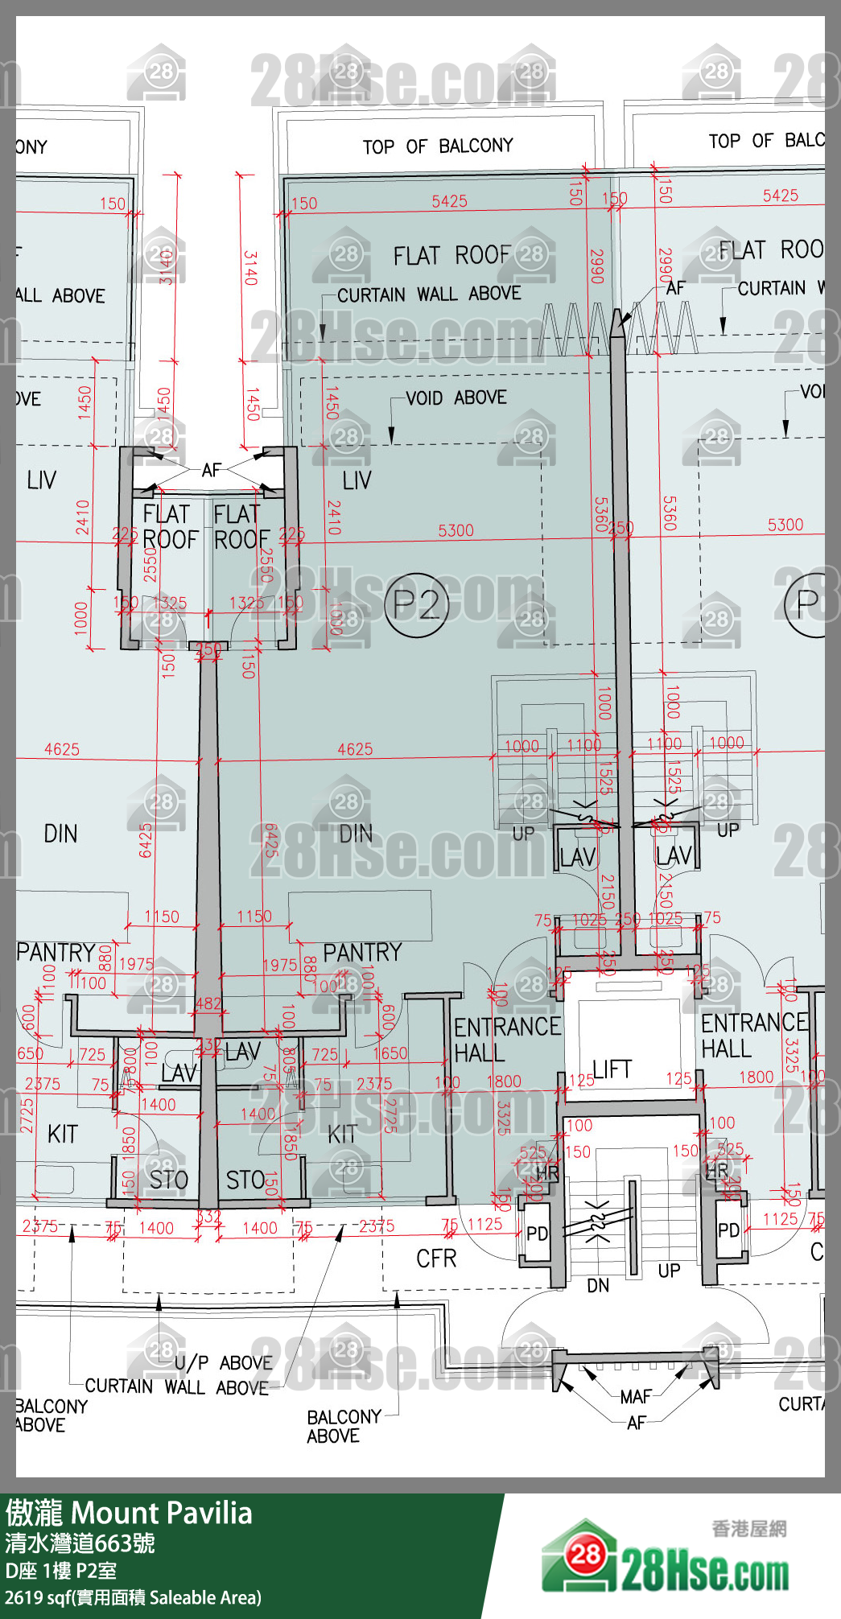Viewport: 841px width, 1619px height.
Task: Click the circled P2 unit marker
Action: click(416, 604)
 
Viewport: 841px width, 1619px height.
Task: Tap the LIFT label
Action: click(612, 1069)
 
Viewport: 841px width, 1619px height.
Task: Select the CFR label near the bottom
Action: click(436, 1259)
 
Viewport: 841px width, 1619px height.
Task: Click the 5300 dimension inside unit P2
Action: click(456, 530)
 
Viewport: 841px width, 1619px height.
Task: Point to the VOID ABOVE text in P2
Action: click(456, 398)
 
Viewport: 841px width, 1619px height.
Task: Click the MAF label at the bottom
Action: click(635, 1397)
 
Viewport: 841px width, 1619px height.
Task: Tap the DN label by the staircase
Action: click(598, 1286)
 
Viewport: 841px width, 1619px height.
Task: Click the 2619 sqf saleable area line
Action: click(133, 1597)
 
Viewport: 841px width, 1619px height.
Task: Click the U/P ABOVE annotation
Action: click(223, 1362)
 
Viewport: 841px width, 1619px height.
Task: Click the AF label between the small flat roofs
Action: click(211, 470)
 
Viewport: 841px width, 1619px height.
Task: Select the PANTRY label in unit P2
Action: click(361, 953)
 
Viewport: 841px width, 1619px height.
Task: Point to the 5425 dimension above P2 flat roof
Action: click(449, 201)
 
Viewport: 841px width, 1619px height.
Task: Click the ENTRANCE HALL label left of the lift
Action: click(506, 1039)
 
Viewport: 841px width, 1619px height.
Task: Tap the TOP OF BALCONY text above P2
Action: click(437, 146)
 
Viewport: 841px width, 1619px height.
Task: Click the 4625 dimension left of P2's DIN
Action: click(355, 749)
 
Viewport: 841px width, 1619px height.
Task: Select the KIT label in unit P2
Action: click(341, 1135)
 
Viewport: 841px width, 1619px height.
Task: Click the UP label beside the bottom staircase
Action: click(669, 1271)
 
